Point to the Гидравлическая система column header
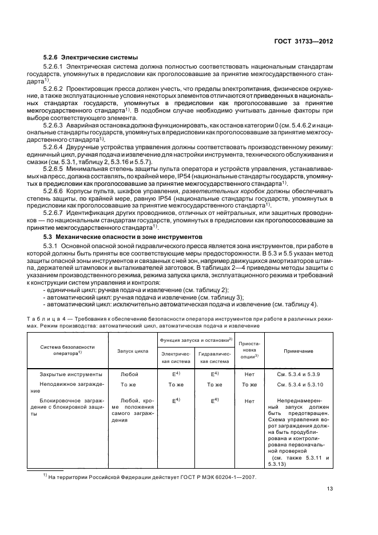pos(214,358)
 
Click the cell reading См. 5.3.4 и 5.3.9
pos(297,374)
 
